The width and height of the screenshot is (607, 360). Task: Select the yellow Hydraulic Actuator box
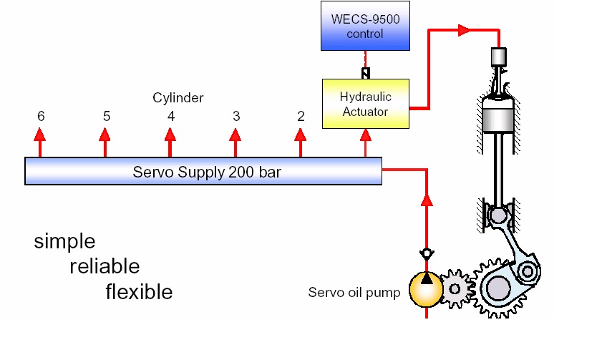365,104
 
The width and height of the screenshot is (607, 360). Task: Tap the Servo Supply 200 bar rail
204,172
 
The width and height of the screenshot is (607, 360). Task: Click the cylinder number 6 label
41,116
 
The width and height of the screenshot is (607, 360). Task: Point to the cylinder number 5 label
106,116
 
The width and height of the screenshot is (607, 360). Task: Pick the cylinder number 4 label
170,116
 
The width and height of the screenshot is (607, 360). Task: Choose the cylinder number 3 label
235,116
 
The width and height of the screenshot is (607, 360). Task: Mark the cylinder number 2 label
301,116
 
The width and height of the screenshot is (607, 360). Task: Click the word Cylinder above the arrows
178,98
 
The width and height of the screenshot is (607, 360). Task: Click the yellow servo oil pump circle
427,288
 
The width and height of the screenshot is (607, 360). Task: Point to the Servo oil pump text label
354,292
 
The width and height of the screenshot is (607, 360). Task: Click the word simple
64,241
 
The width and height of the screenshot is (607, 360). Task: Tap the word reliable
105,267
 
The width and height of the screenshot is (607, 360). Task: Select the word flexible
139,292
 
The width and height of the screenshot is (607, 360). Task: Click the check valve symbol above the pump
427,254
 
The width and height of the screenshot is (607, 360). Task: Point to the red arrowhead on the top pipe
464,30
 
